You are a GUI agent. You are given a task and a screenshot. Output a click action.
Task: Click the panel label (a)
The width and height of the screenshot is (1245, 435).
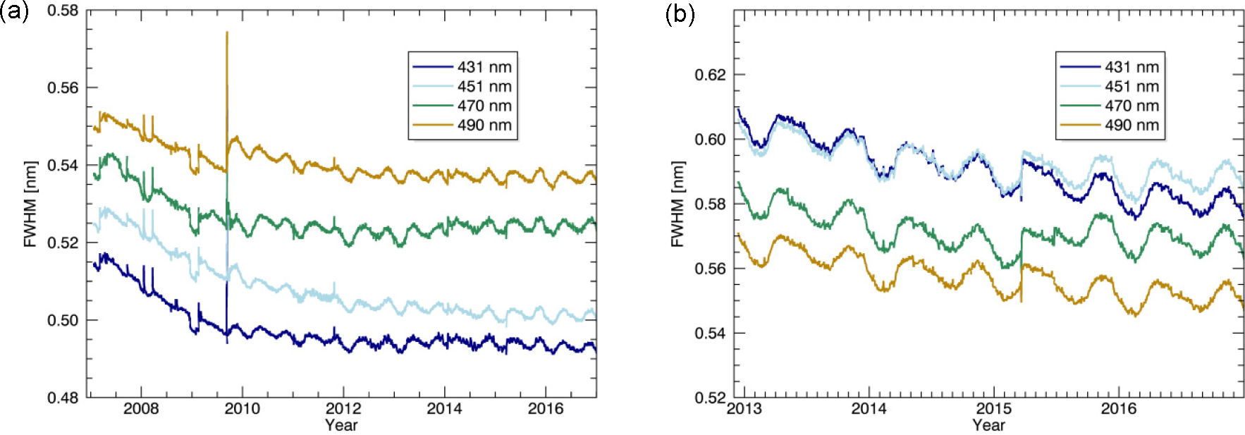tap(14, 13)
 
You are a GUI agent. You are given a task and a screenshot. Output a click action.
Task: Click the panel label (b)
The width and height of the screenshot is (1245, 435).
tap(680, 13)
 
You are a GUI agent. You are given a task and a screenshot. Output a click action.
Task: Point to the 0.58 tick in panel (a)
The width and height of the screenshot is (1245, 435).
tap(63, 11)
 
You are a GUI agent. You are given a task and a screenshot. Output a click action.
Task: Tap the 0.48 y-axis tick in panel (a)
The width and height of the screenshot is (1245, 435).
tap(63, 398)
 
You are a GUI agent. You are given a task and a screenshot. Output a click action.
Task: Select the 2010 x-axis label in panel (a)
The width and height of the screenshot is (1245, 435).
tap(242, 409)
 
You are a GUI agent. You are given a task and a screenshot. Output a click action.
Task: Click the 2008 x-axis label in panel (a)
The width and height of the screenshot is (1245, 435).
tap(141, 409)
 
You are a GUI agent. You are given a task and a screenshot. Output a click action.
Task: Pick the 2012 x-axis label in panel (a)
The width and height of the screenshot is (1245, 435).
tap(343, 409)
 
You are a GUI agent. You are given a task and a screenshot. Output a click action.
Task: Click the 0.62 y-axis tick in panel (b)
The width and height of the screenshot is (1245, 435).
tap(710, 75)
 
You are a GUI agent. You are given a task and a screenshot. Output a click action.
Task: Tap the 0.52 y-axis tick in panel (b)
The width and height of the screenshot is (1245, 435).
tap(710, 398)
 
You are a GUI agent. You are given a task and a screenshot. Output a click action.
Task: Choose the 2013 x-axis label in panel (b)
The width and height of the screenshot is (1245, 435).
tap(744, 409)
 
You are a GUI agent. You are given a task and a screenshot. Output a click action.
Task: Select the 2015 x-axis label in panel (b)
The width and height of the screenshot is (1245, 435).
tap(993, 409)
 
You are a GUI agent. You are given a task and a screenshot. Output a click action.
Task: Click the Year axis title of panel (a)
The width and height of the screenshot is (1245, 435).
tap(341, 425)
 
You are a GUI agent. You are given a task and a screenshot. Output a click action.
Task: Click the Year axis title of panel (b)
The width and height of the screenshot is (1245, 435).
tap(988, 425)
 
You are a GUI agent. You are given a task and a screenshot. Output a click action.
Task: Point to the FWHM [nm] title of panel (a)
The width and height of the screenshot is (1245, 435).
tap(30, 204)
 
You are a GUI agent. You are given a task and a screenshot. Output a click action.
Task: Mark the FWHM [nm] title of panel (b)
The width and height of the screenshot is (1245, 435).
tap(677, 204)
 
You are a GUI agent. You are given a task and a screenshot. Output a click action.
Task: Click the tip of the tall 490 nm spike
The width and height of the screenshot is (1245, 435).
tap(227, 32)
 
